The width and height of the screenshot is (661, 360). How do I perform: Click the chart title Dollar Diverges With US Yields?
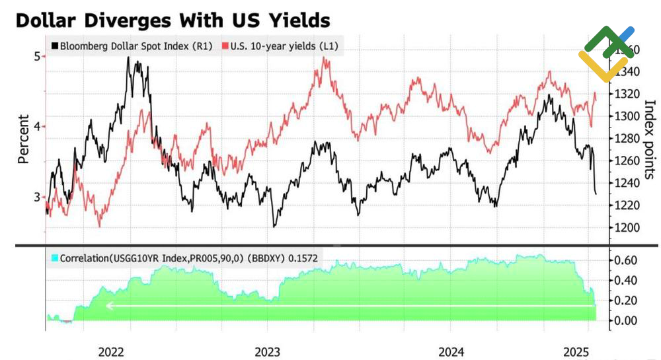coord(172,20)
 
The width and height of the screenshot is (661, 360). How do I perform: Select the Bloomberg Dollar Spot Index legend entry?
coord(132,46)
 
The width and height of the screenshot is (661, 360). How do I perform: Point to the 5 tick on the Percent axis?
coord(37,57)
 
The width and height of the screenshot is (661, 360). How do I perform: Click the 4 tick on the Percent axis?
coord(37,126)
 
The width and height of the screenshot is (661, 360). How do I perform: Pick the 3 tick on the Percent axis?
coord(37,196)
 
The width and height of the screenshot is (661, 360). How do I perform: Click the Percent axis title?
coord(23,139)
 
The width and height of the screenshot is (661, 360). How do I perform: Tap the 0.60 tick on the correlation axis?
coord(625,260)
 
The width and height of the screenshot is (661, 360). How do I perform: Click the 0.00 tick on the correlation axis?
coord(625,321)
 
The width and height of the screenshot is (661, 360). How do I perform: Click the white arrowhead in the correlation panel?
coord(110,306)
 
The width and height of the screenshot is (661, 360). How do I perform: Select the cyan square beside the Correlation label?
coord(55,258)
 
